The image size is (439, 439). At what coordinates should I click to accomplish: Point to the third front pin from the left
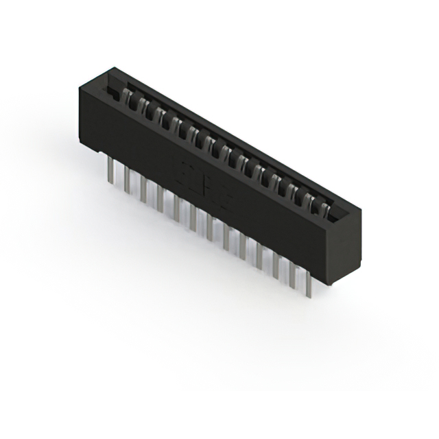pos(143,188)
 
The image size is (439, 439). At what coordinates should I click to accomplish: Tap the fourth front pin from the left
pos(160,198)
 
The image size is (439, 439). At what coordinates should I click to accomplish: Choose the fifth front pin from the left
pos(177,207)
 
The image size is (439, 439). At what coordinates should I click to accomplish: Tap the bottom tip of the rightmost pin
pos(309,296)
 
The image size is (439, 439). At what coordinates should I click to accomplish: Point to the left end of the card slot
pos(108,88)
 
